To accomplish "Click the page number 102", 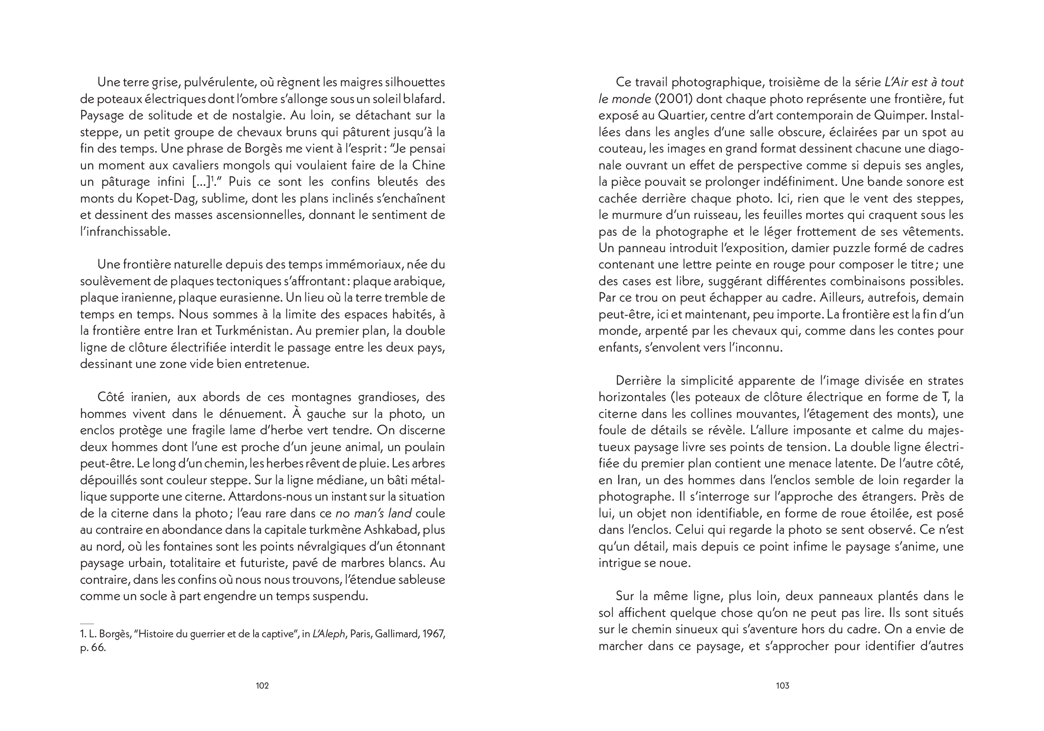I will click(262, 685).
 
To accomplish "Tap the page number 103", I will click(782, 685).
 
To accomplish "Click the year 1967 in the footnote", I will click(433, 634).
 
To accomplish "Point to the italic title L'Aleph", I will click(328, 634).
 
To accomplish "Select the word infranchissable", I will click(125, 232).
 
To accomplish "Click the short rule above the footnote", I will click(87, 624).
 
